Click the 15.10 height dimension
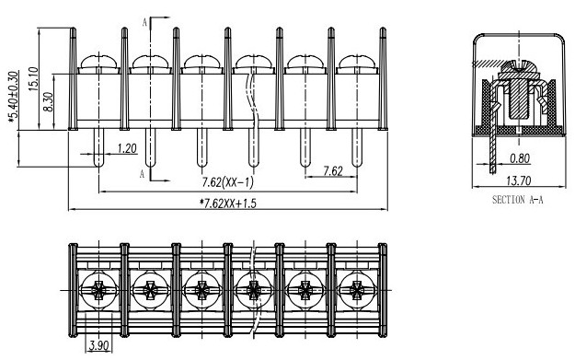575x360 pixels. (33, 79)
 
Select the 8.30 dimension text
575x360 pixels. (48, 102)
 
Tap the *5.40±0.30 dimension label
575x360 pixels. (13, 97)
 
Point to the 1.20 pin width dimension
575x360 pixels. (127, 148)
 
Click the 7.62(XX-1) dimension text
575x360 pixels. (228, 182)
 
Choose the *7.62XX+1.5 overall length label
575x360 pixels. (228, 203)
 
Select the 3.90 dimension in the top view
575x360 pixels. (99, 345)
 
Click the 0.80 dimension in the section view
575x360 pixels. (520, 158)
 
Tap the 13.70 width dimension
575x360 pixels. (519, 180)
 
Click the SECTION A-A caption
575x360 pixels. (517, 200)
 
